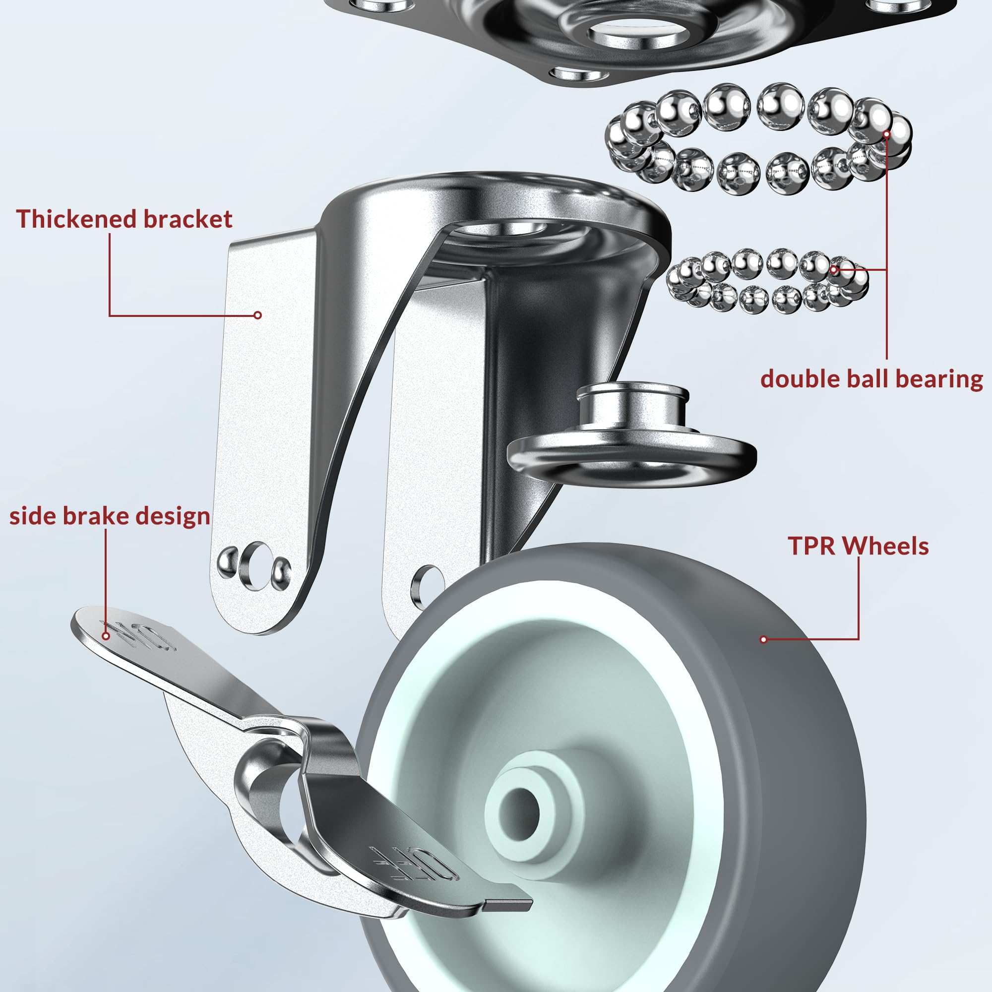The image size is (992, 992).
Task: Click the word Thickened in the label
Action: coord(76,219)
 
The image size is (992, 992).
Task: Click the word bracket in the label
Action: coord(187,219)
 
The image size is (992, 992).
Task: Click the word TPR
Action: coord(813,546)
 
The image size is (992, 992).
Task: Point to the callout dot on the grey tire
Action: coord(763,639)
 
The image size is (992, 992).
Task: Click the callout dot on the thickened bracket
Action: coord(258,315)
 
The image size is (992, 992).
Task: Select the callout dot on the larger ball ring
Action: coord(887,134)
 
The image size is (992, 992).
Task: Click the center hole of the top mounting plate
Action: coord(638,35)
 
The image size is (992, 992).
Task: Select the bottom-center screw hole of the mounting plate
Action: coord(579,75)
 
